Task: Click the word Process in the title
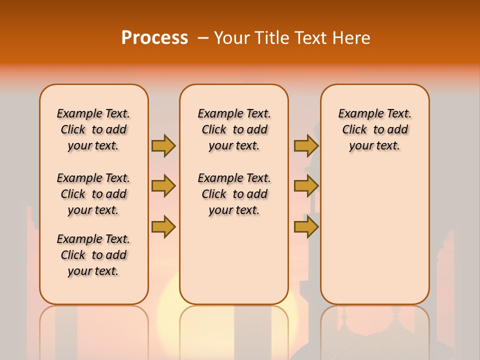click(x=154, y=38)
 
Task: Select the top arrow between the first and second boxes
click(x=163, y=145)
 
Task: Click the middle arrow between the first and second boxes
click(x=163, y=186)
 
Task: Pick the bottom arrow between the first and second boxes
click(x=163, y=227)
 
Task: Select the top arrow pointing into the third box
click(x=306, y=145)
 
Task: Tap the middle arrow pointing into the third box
click(x=306, y=186)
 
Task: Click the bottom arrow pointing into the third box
click(x=306, y=227)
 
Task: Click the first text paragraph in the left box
click(x=93, y=129)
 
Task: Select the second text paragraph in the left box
click(x=93, y=194)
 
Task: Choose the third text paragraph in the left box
click(x=93, y=255)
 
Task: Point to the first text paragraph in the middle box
click(x=234, y=129)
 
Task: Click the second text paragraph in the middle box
click(x=234, y=194)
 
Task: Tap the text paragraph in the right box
click(x=374, y=129)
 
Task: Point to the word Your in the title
click(x=231, y=38)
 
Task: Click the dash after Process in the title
click(x=203, y=38)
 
